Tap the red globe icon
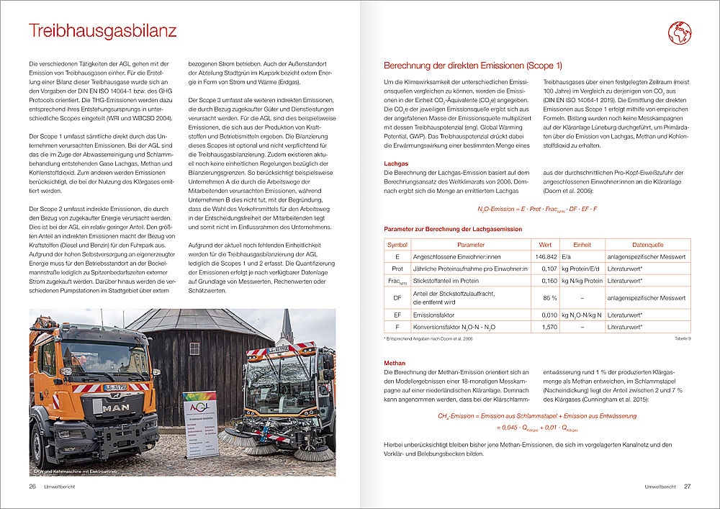pos(679,33)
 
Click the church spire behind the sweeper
pos(287,327)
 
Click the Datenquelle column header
pos(647,245)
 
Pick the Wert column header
pos(545,245)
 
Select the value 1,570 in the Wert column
pos(548,327)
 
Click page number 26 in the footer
pos(32,487)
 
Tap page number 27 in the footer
pos(688,487)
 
